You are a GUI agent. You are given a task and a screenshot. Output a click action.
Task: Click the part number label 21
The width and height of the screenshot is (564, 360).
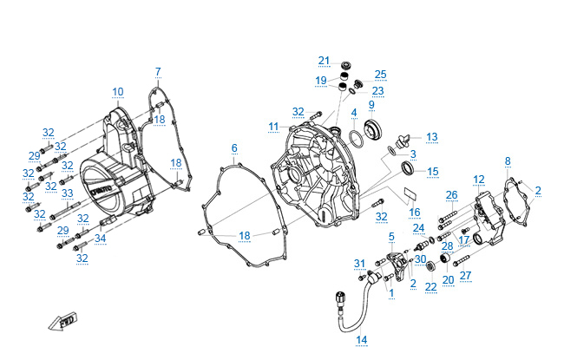tap(324, 60)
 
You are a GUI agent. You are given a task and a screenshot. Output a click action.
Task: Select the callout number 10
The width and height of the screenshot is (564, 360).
tap(118, 91)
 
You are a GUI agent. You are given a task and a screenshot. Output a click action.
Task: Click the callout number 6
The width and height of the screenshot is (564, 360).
tap(234, 148)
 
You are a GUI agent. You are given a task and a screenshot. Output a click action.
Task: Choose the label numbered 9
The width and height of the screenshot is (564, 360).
tap(371, 104)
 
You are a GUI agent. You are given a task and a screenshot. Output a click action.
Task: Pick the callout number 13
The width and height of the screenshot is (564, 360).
tap(431, 136)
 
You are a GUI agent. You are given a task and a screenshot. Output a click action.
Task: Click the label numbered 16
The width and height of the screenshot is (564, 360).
tap(415, 212)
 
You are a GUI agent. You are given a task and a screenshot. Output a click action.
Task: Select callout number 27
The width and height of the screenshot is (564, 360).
tap(466, 276)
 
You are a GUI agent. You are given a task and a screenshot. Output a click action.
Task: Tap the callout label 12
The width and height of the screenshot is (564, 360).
tap(479, 179)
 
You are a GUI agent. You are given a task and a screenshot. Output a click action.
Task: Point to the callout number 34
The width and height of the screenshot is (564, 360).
tap(101, 239)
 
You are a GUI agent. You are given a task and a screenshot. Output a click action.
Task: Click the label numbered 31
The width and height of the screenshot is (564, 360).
tap(359, 264)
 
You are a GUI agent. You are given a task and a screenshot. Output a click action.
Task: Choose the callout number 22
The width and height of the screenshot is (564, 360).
tap(430, 286)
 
